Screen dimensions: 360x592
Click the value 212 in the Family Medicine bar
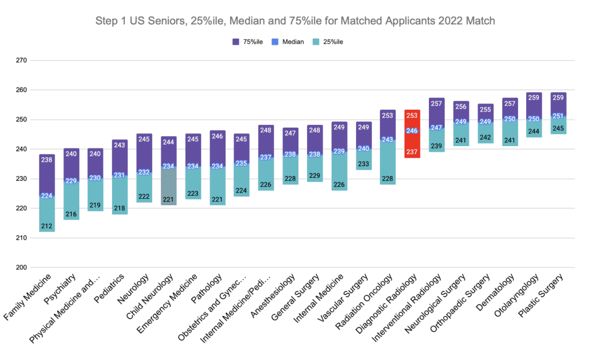(x=47, y=225)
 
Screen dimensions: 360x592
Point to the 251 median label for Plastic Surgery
(x=558, y=116)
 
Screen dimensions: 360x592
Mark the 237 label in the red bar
(x=412, y=152)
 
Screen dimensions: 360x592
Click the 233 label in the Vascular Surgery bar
(x=364, y=164)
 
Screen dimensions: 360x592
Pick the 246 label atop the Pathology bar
(x=217, y=137)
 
